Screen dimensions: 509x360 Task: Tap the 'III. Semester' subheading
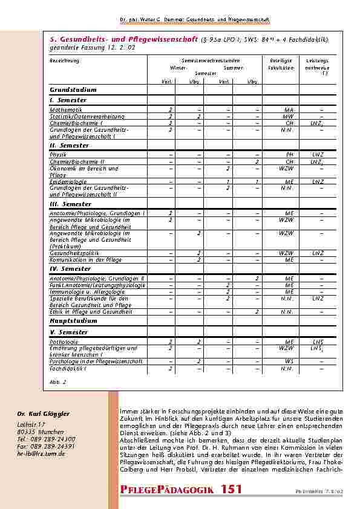point(70,204)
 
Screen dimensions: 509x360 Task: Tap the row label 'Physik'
point(58,155)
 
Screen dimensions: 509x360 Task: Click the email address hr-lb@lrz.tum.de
point(41,453)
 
